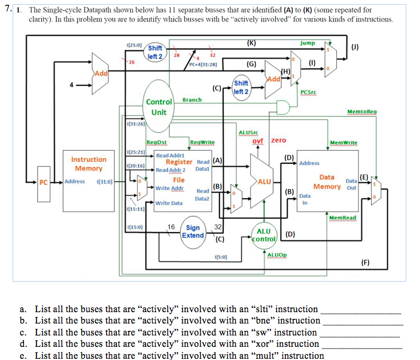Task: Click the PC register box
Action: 42,182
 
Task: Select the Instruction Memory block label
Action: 89,164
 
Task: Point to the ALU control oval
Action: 263,235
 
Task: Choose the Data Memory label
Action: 327,182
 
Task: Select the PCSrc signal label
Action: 309,92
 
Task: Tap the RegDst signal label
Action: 156,142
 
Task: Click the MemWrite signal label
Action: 343,142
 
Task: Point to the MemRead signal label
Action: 343,217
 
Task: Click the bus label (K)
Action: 251,43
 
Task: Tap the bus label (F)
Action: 365,262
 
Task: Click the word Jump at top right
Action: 308,43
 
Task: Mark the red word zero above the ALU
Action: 279,140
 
